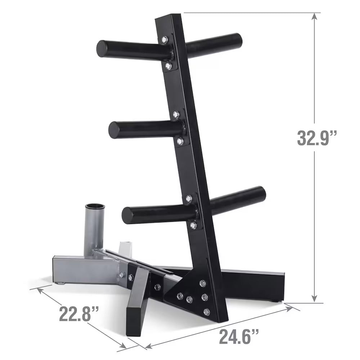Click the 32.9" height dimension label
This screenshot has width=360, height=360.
click(317, 138)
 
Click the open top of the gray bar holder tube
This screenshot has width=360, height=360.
click(95, 207)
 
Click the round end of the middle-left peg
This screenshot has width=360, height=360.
click(114, 130)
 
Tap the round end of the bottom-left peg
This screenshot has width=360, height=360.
click(128, 215)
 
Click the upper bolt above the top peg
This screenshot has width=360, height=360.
click(165, 39)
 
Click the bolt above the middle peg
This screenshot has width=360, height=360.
click(176, 114)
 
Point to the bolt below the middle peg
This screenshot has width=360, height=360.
click(180, 142)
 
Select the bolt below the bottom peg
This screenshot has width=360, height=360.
click(193, 225)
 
